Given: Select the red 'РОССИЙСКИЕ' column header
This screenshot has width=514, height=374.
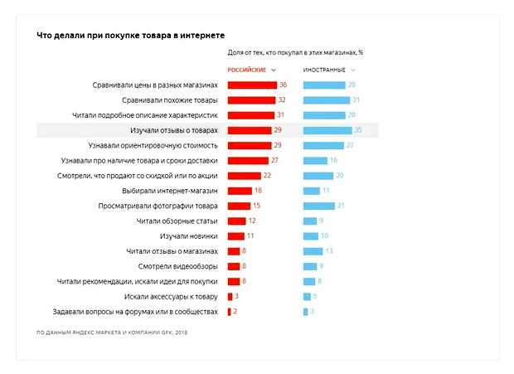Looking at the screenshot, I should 247,70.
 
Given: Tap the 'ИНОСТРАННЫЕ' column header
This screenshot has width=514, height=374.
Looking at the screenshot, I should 324,70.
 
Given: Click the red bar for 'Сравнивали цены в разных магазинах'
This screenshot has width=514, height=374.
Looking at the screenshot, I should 252,85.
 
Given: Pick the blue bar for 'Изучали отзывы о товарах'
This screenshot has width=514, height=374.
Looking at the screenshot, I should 327,130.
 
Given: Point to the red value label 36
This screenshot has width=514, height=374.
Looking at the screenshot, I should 283,85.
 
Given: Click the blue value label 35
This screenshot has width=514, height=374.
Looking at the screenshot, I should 358,130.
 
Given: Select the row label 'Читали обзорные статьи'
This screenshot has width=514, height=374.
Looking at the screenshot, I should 177,221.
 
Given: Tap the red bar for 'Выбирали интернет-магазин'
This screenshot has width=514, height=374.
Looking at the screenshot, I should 239,191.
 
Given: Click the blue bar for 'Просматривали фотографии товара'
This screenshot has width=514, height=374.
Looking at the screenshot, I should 318,206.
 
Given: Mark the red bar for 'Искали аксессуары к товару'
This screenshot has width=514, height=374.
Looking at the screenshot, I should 230,296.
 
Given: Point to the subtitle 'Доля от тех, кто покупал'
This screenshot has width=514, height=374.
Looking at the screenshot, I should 295,52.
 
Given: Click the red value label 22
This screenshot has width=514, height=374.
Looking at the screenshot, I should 267,176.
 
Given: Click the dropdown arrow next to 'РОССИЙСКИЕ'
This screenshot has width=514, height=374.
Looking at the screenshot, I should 274,70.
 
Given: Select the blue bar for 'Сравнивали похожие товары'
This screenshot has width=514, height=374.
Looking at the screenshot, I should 323,100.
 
